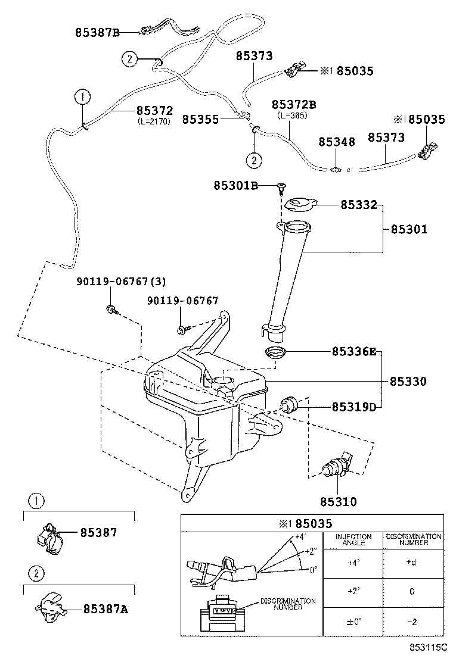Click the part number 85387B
point(97,33)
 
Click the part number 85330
point(408,381)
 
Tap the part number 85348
point(337,142)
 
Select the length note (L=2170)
point(154,121)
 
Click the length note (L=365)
point(292,115)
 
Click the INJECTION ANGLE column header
point(353,540)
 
